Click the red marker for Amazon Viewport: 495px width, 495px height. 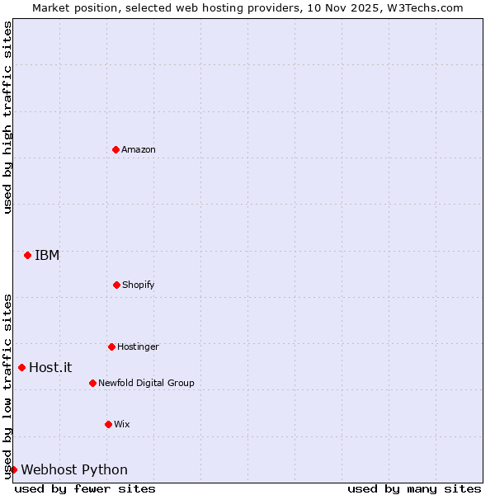(x=115, y=149)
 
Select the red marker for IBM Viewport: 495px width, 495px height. (x=27, y=255)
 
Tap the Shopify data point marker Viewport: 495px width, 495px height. (x=116, y=285)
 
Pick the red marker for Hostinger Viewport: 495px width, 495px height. (x=111, y=346)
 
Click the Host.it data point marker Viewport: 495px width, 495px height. (x=21, y=367)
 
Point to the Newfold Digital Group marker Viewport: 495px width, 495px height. (x=92, y=383)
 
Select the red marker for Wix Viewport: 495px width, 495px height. (x=108, y=424)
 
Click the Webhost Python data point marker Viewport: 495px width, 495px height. (x=13, y=469)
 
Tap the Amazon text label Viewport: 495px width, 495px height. (x=139, y=149)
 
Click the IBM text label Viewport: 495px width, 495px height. (x=47, y=255)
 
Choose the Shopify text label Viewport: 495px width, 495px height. (x=139, y=285)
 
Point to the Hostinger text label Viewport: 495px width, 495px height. (x=138, y=346)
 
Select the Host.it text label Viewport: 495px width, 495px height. (x=50, y=367)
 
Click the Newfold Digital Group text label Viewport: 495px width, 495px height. (x=146, y=383)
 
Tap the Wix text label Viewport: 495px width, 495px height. (x=122, y=424)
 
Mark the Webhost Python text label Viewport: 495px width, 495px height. (x=74, y=469)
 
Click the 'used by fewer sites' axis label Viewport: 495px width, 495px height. (x=85, y=488)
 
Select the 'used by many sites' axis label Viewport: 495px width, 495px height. (x=414, y=488)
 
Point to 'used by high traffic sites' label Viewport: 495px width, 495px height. (x=7, y=117)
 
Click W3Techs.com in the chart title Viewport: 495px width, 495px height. (x=426, y=7)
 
